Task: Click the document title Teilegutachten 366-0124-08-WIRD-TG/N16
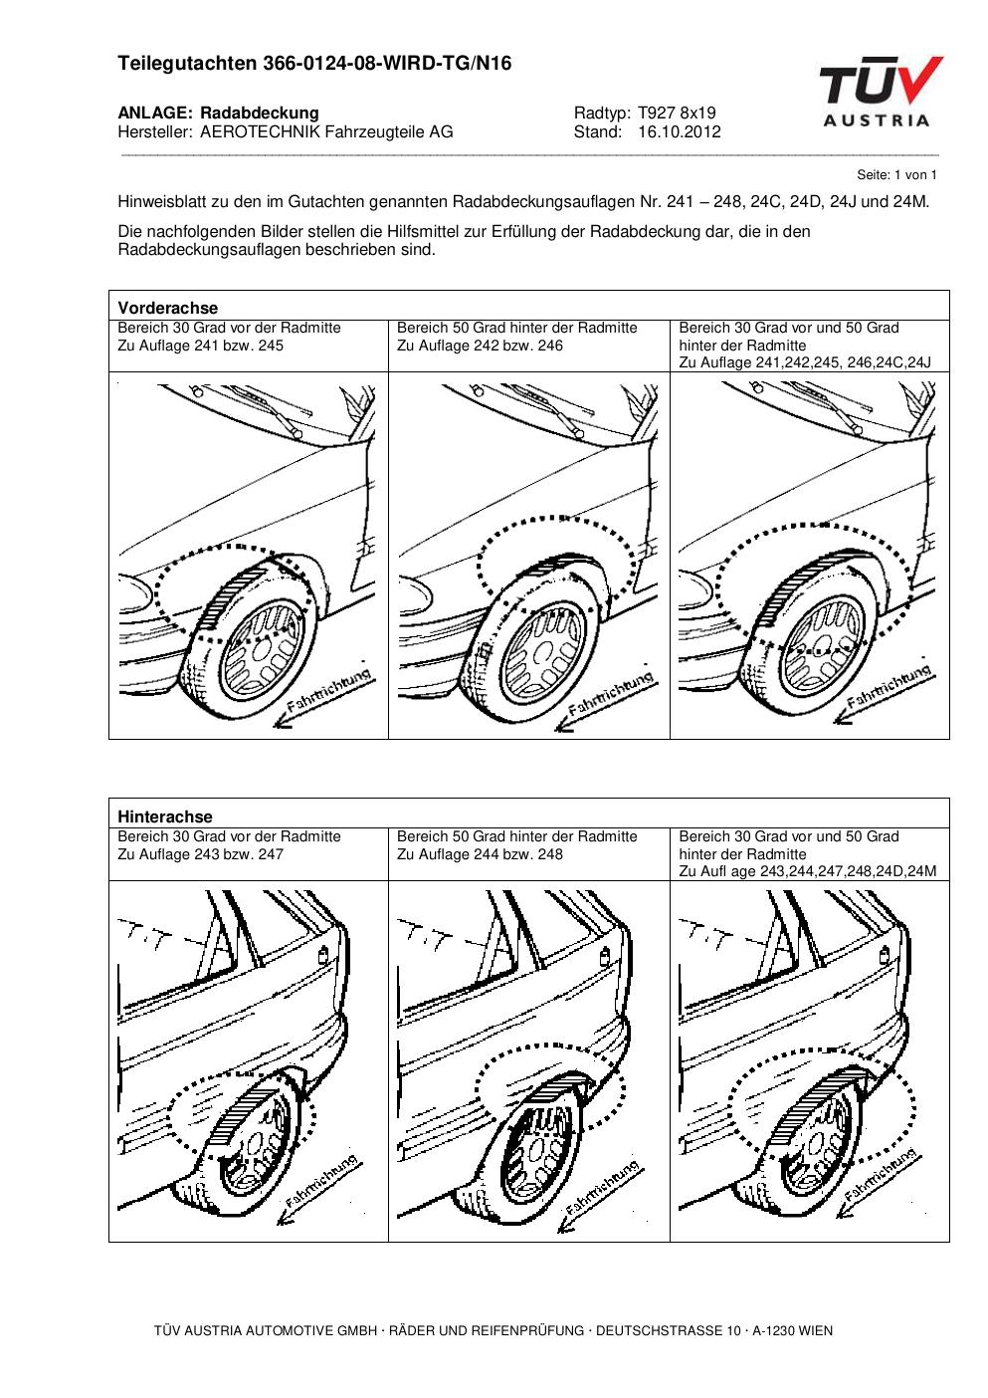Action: (x=314, y=64)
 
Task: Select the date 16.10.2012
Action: (x=679, y=131)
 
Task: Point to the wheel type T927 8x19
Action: (x=677, y=114)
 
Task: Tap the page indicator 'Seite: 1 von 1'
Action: (x=896, y=174)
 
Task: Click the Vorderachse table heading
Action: (x=168, y=308)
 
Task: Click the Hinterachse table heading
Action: (x=165, y=816)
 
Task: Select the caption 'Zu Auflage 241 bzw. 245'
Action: (x=200, y=346)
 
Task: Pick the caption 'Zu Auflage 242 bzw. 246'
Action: (x=480, y=346)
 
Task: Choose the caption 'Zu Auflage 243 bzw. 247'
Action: (x=200, y=854)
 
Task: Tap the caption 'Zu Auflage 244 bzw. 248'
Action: (x=480, y=854)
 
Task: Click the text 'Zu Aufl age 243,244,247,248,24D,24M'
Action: (x=808, y=871)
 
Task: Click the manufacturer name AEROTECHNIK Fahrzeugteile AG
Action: (x=326, y=131)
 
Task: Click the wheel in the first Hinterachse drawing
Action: (x=257, y=1145)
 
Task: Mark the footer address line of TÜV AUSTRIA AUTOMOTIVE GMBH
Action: (x=494, y=1330)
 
